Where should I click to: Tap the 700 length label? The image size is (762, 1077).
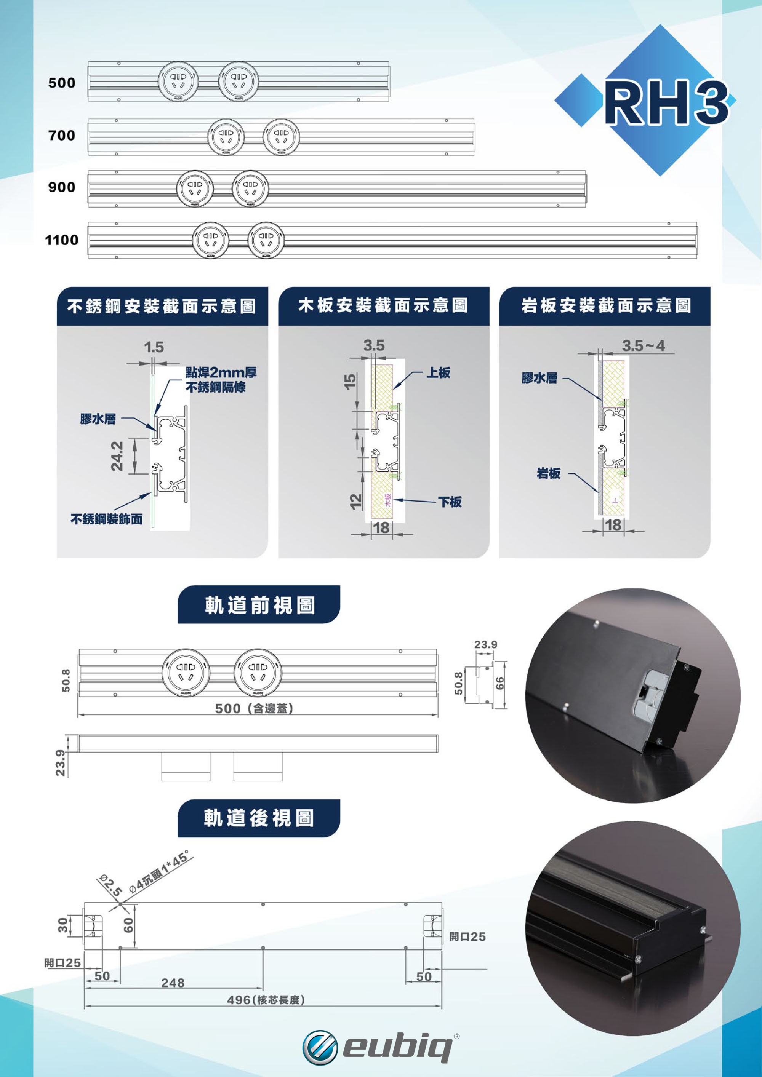pos(61,136)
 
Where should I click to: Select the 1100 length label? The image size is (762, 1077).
pos(61,240)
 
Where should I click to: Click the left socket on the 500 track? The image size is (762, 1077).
pos(178,81)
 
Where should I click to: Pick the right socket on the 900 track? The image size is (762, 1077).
pos(250,188)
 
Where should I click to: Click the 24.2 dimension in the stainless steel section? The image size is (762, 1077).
pos(117,455)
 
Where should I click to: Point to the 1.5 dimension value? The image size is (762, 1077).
pos(154,347)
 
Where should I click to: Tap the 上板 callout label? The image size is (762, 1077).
pos(438,373)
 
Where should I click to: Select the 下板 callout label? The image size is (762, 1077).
pos(450,502)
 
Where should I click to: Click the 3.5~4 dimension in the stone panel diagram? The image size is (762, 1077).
pos(643,346)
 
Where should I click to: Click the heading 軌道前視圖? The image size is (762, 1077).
pos(259,605)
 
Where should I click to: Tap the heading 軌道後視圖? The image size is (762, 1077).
pos(259,818)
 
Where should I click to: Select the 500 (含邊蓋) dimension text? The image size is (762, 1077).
pos(254,708)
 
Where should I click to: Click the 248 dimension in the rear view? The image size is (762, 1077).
pos(173,982)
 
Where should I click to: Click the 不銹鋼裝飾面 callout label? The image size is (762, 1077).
pos(107,519)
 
